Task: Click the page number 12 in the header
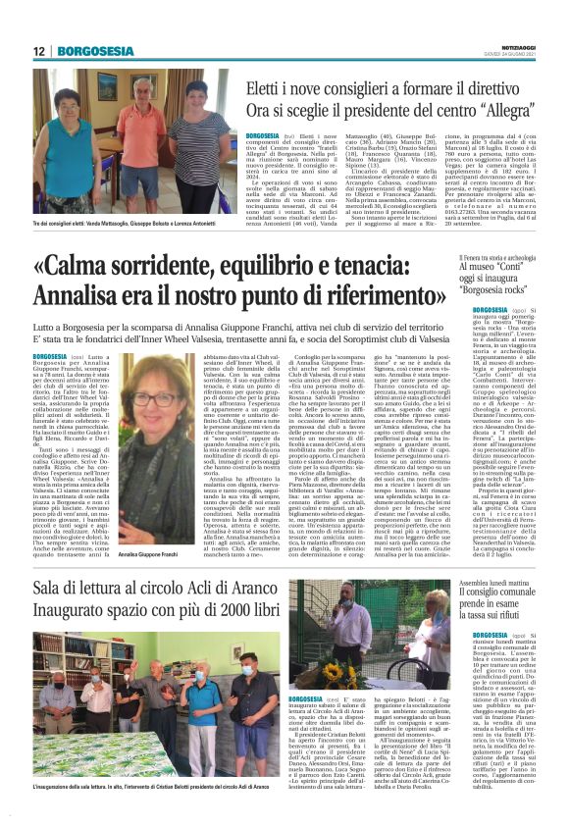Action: coord(39,51)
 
